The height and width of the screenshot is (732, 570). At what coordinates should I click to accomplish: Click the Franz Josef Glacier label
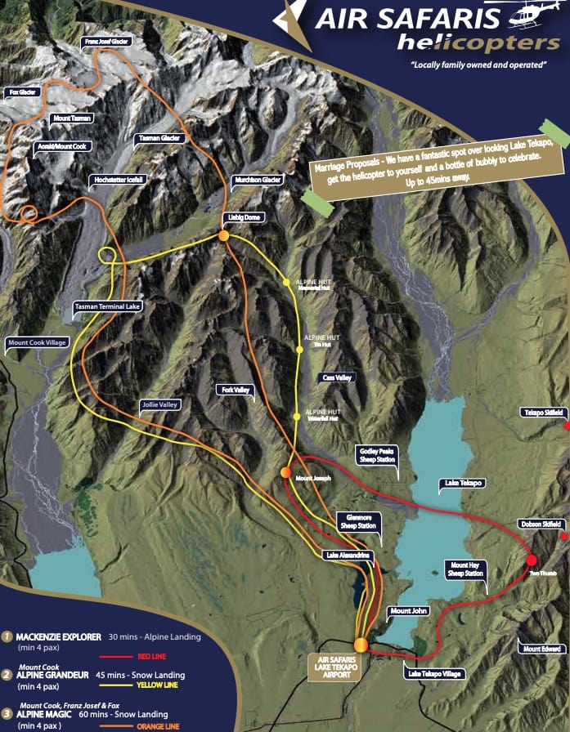pos(108,40)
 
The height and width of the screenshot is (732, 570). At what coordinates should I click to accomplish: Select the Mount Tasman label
pos(71,118)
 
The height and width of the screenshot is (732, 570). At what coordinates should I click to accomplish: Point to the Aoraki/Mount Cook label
pos(61,147)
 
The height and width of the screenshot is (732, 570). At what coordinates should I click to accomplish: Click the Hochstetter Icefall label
pos(117,180)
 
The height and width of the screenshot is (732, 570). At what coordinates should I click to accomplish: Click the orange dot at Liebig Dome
pos(223,236)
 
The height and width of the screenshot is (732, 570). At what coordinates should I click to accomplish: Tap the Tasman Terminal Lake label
pos(108,306)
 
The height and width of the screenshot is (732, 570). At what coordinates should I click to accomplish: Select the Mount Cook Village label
pos(37,342)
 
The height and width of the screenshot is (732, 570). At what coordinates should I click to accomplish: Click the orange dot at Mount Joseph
pos(285,472)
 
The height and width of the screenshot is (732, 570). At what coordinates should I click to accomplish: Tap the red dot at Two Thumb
pos(531,560)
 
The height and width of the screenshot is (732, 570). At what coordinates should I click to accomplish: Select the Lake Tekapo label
pos(461,484)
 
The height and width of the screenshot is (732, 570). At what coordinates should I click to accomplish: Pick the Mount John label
pos(408,611)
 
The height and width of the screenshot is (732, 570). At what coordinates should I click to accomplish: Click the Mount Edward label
pos(541,649)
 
